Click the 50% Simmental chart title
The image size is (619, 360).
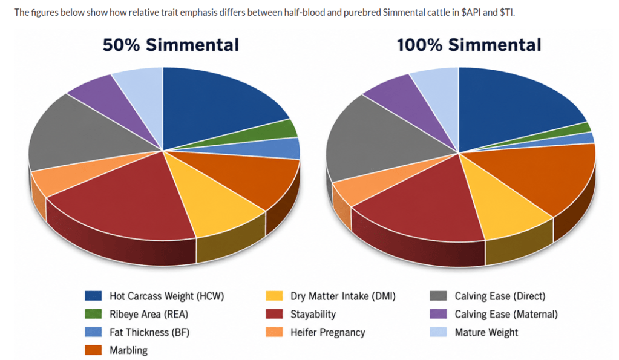tap(171, 45)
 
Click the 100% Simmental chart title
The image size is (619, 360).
tap(469, 45)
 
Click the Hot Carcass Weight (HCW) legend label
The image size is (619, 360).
tap(166, 296)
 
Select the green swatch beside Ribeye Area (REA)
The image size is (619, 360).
tap(93, 314)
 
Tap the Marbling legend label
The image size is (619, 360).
tap(129, 350)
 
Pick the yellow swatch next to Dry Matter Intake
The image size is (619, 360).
tap(274, 296)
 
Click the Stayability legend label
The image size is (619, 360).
tap(313, 314)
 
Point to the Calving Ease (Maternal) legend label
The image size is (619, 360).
tap(506, 314)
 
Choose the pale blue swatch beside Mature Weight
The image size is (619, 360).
tap(438, 332)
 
